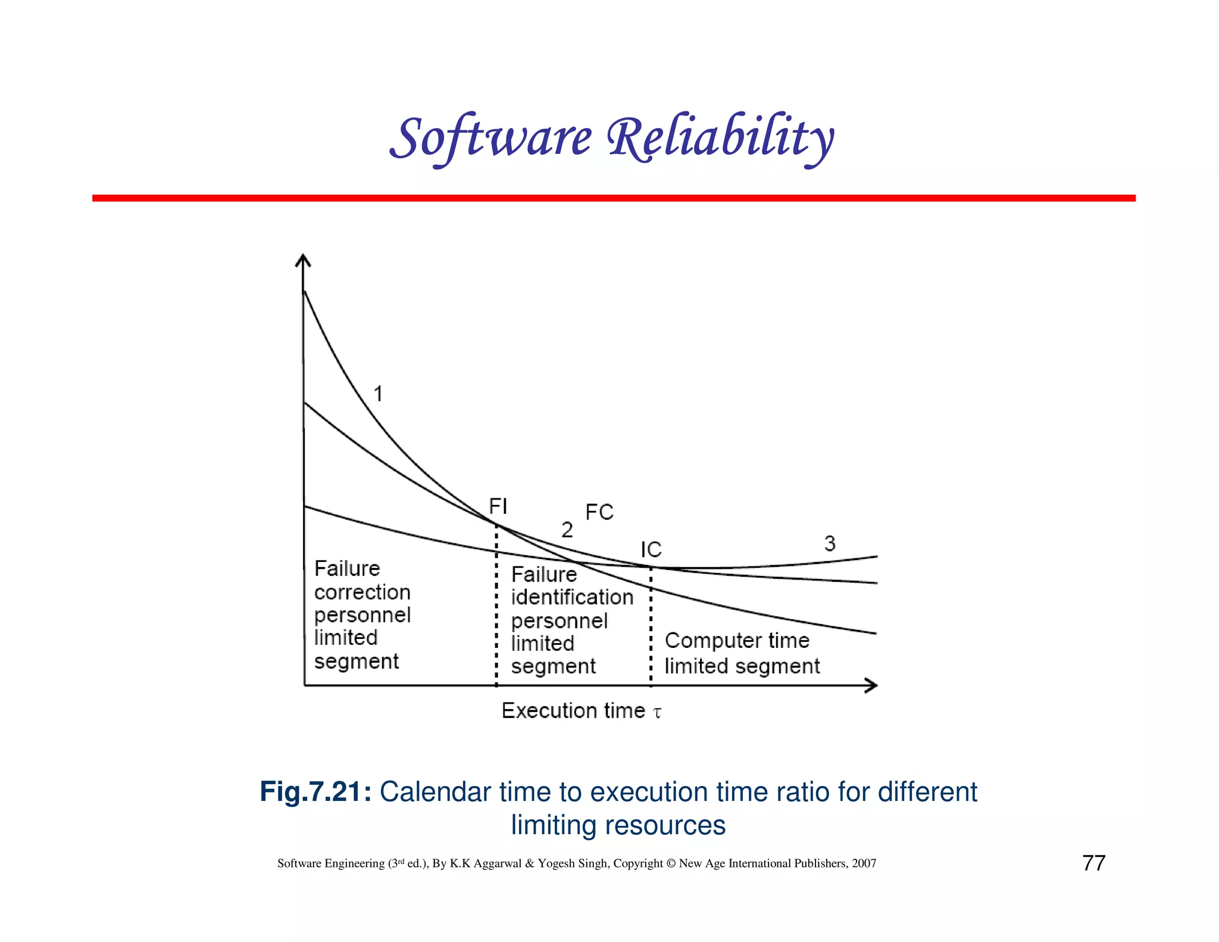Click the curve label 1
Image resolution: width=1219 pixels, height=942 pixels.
tap(378, 394)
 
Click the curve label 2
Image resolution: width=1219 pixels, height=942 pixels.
tap(567, 529)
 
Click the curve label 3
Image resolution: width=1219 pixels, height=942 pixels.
tap(830, 543)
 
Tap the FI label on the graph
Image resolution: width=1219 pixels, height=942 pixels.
tap(498, 506)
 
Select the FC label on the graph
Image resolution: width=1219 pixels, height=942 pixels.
tap(599, 512)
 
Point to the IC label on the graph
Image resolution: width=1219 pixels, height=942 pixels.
tap(651, 550)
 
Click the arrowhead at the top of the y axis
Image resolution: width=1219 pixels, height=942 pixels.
tap(304, 260)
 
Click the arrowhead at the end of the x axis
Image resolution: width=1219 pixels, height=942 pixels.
tap(871, 686)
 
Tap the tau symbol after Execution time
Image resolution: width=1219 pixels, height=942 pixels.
tap(657, 712)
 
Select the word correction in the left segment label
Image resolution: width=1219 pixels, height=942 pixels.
tap(362, 592)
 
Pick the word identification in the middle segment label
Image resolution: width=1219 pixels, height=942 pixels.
tap(572, 597)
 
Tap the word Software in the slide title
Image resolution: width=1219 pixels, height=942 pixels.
tap(492, 138)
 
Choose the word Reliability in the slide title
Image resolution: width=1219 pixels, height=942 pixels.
tap(720, 138)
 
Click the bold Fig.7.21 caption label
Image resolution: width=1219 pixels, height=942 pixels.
tap(315, 792)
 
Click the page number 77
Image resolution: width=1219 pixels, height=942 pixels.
tap(1093, 863)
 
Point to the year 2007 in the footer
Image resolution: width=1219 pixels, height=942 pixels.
tap(864, 863)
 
